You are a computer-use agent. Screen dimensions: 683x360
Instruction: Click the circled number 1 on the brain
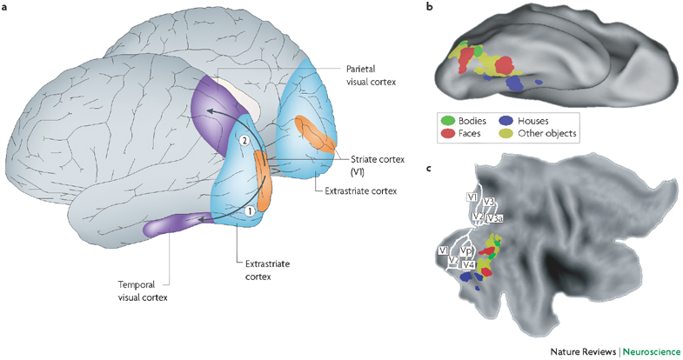click(x=249, y=211)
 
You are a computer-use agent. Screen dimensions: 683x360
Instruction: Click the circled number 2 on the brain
click(x=244, y=140)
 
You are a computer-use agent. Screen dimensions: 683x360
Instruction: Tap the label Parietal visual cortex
click(x=372, y=75)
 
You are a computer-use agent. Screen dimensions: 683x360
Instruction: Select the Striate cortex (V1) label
click(x=372, y=165)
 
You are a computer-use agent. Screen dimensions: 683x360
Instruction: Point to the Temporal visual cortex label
click(x=143, y=290)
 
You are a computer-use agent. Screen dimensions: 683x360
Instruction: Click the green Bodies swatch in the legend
click(x=447, y=121)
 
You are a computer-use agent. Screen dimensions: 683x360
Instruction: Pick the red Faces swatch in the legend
click(x=447, y=133)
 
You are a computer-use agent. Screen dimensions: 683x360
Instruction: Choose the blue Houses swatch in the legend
click(x=506, y=121)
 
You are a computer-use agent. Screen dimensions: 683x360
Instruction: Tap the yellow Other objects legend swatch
click(x=506, y=133)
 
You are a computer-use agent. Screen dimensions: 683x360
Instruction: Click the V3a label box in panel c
click(x=494, y=218)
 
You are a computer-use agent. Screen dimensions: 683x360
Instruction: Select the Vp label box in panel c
click(x=466, y=251)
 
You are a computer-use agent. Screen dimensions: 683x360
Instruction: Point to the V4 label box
click(x=469, y=264)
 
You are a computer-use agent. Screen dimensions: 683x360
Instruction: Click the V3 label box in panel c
click(x=489, y=202)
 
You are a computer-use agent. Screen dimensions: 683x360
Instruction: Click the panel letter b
click(x=430, y=7)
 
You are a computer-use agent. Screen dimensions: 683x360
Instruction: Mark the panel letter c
click(x=430, y=169)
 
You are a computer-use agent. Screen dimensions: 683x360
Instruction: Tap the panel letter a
click(x=4, y=8)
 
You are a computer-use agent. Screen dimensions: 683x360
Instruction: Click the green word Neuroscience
click(x=651, y=351)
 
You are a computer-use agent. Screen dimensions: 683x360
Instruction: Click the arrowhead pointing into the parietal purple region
click(x=210, y=112)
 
